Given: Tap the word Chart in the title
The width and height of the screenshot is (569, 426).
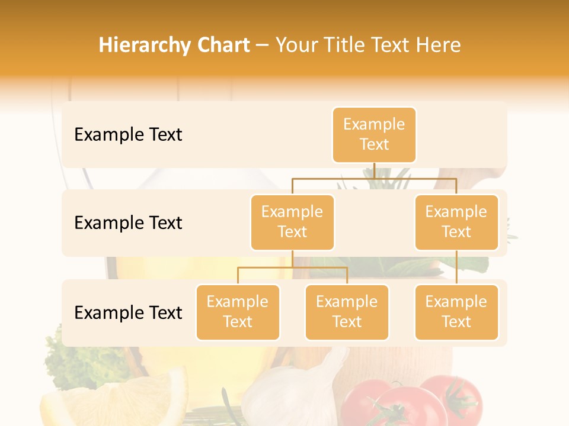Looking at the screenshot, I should [x=224, y=46].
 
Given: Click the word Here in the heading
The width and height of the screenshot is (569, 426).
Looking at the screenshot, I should [x=438, y=46].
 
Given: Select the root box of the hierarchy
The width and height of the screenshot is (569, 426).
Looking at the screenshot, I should [x=374, y=135].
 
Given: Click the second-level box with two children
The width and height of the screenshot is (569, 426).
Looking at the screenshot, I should [x=292, y=222].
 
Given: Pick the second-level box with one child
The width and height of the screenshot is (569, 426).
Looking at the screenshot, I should [x=456, y=222].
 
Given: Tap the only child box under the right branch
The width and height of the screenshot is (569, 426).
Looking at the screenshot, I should [x=456, y=312].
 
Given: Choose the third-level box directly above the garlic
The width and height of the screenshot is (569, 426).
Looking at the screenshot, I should [x=347, y=312].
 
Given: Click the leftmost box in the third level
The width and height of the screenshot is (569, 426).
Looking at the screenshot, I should [x=238, y=312].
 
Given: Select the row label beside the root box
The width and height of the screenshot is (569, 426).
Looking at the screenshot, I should [x=128, y=135].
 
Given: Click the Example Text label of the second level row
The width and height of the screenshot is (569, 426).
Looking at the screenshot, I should [x=128, y=223].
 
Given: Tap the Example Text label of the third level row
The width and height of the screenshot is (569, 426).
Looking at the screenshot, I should [x=128, y=313].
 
